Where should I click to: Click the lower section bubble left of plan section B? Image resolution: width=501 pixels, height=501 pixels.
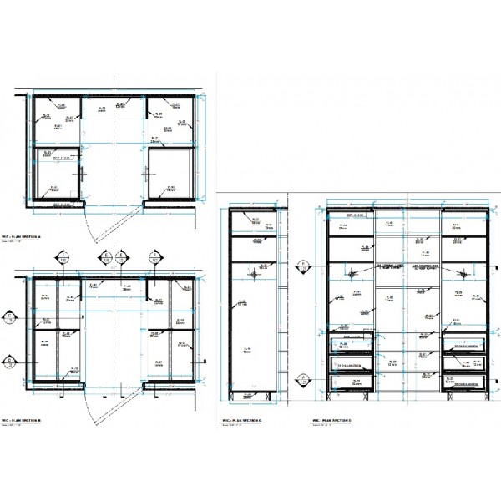coord(9,362)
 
